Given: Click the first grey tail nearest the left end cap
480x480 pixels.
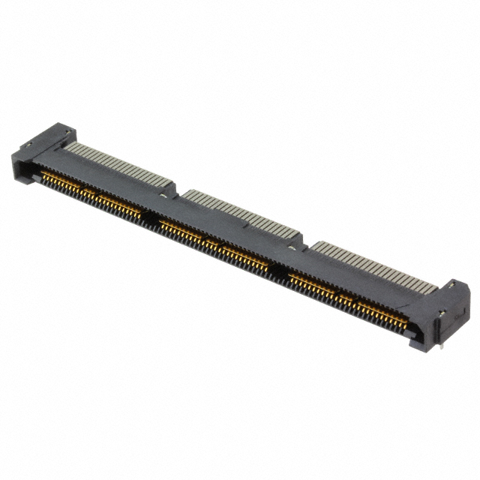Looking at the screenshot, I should click(69, 144).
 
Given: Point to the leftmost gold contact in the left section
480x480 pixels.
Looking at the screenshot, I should click(43, 174).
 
